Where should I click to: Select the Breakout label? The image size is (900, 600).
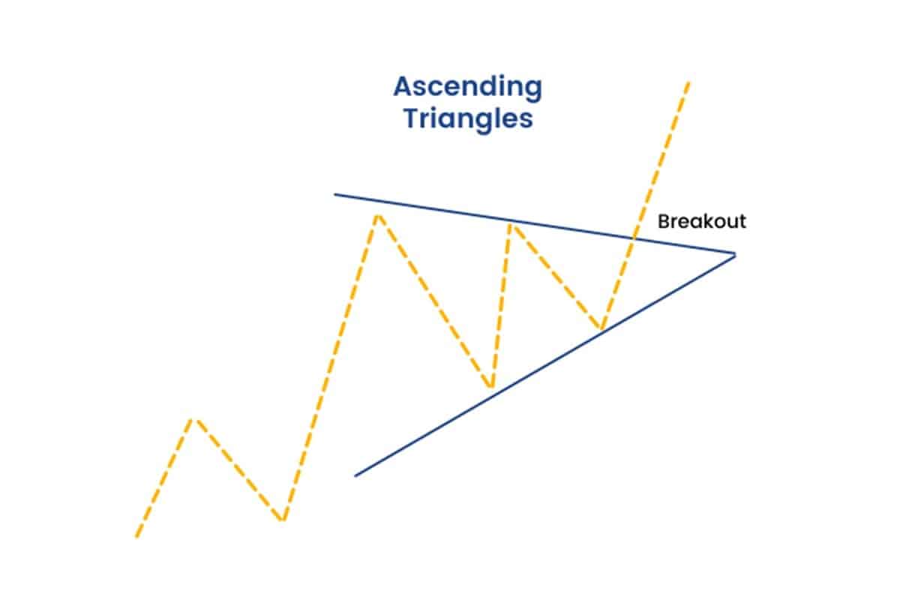tap(701, 222)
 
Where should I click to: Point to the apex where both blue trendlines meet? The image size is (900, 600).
tap(735, 254)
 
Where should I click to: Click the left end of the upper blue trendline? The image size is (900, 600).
tap(335, 195)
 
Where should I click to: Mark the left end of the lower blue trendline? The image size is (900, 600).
tap(355, 475)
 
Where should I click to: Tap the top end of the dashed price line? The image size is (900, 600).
tap(687, 80)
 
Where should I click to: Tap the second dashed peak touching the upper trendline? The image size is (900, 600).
tap(511, 223)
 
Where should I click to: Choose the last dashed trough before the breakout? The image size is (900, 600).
tap(601, 328)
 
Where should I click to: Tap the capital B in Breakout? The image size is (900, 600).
tap(663, 222)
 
